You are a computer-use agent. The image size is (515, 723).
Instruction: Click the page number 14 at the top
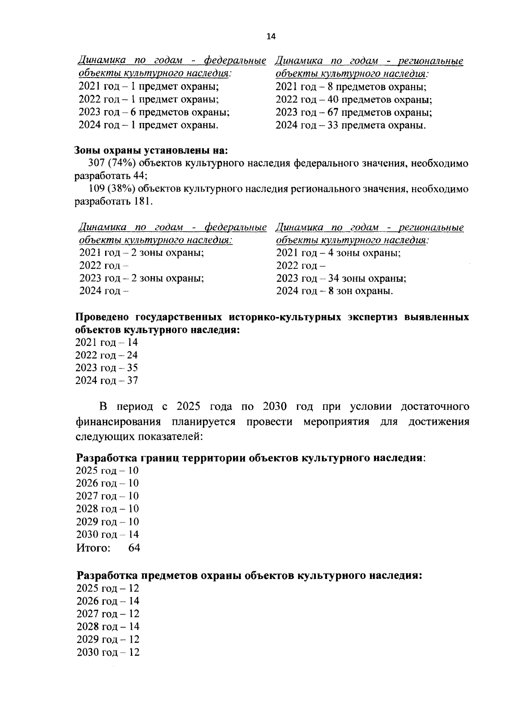[x=271, y=36]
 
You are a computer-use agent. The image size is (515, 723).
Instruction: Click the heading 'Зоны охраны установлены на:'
[x=151, y=151]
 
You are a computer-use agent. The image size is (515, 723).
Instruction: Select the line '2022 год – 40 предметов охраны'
[x=353, y=100]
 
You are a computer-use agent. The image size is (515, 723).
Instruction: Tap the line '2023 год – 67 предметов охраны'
[x=353, y=113]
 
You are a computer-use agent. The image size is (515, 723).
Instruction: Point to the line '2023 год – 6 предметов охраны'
[x=154, y=113]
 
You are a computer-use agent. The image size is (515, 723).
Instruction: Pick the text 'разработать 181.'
[x=114, y=201]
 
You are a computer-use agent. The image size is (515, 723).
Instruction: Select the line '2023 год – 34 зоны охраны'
[x=341, y=279]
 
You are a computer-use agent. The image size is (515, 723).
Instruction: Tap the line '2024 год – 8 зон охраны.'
[x=334, y=291]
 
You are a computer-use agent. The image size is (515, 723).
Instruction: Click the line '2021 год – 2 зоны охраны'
[x=142, y=253]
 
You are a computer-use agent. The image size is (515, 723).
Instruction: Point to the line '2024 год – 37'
[x=107, y=381]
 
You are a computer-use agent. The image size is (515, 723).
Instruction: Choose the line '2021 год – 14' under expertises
[x=107, y=342]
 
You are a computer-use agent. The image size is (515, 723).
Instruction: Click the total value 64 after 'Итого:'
[x=134, y=548]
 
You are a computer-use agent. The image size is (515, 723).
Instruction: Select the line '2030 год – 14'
[x=107, y=534]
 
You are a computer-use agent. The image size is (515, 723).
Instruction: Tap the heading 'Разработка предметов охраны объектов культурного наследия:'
[x=249, y=576]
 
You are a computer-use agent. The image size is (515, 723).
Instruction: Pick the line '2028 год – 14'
[x=108, y=627]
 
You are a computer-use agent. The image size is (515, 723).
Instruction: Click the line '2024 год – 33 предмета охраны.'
[x=351, y=126]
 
